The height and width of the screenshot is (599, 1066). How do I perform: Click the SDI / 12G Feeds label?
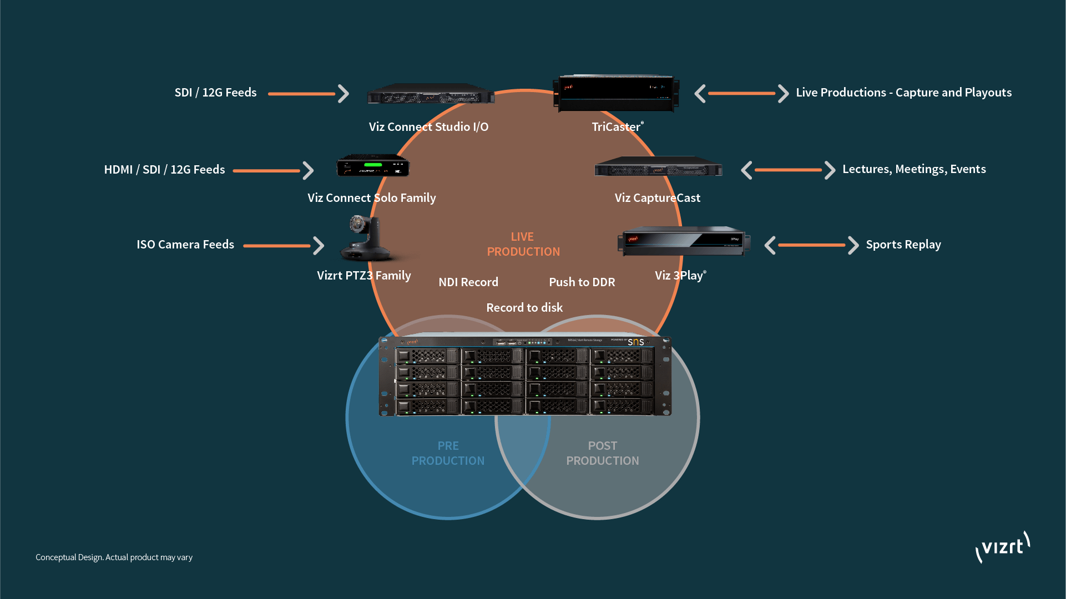tap(215, 93)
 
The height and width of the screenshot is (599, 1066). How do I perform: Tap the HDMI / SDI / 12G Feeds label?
tap(164, 170)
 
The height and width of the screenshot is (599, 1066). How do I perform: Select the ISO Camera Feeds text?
tap(185, 245)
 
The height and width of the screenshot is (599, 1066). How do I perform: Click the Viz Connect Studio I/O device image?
tap(431, 94)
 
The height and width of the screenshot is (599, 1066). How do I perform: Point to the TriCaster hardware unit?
tap(616, 93)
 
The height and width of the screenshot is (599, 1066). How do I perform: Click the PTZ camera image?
tap(366, 238)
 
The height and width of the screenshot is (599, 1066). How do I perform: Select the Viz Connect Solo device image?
tap(373, 166)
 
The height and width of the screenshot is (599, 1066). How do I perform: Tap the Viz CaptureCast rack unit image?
tap(658, 166)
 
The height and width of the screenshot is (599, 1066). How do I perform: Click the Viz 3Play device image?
tap(684, 241)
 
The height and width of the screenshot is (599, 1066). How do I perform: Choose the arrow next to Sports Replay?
tap(811, 245)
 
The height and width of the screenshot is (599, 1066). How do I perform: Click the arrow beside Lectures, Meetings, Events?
tap(788, 170)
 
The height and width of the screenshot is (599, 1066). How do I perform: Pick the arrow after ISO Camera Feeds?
tap(284, 246)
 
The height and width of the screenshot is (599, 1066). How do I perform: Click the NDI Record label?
tap(468, 282)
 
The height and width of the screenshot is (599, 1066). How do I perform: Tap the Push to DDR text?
tap(582, 282)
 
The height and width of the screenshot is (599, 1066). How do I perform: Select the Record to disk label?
tap(524, 308)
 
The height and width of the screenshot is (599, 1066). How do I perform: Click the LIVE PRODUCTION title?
tap(523, 245)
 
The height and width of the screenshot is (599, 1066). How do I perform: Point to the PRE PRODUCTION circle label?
tap(448, 454)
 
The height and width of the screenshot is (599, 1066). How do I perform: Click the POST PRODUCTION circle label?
tap(603, 454)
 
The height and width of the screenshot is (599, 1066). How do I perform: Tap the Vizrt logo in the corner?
tap(1003, 547)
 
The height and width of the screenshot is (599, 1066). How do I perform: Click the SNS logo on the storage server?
tap(636, 342)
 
